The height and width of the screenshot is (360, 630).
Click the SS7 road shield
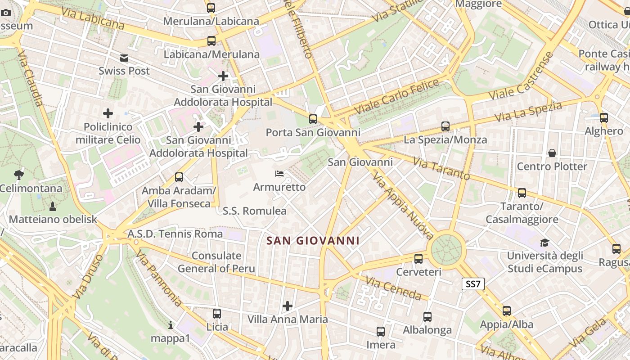[x=473, y=284]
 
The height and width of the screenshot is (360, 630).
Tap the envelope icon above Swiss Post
[x=124, y=58]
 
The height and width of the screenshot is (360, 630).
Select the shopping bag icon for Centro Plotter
[x=552, y=153]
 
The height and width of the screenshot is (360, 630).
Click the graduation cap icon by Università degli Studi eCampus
[x=545, y=243]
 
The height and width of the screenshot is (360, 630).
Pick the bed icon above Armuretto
[x=279, y=174]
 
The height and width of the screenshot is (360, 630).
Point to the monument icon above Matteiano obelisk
[x=53, y=207]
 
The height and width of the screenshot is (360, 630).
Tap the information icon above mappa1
[x=170, y=325]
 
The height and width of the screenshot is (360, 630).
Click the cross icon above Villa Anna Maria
[x=288, y=306]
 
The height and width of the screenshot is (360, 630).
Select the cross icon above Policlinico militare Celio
[x=108, y=113]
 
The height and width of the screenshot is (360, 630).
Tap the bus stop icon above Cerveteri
[x=418, y=259]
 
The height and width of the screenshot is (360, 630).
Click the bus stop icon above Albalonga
[x=427, y=317]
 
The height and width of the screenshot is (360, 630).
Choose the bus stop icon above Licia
[x=217, y=314]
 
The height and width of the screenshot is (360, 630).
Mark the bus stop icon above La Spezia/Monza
[x=445, y=126]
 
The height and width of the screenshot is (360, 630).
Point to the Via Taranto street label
[x=441, y=169]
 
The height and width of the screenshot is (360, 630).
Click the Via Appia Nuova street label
[x=403, y=207]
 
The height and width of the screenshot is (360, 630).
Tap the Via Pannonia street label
[x=158, y=279]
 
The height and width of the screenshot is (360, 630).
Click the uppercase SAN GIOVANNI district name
[x=313, y=241]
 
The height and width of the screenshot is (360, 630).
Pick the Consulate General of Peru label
[x=216, y=262]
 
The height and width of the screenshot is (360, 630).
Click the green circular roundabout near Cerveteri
[x=446, y=248]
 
